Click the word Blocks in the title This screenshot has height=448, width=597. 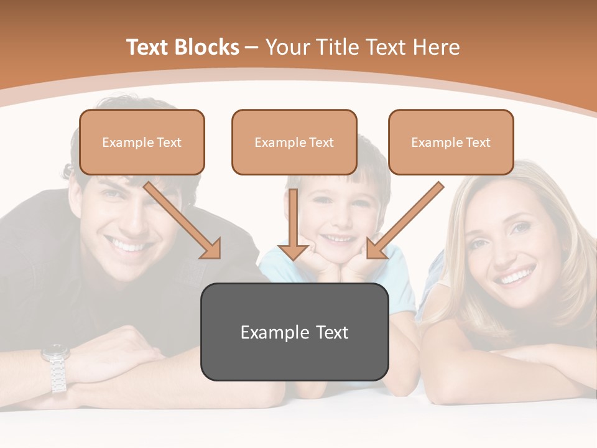tap(208, 47)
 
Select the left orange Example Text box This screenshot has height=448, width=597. tap(142, 142)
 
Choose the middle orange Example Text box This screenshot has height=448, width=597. tap(294, 142)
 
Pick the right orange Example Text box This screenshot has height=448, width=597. tap(451, 142)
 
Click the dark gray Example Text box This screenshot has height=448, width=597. tap(294, 332)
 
